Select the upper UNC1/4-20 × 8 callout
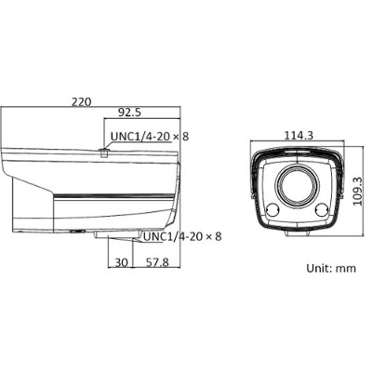(x=149, y=137)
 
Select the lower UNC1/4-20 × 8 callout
(x=182, y=236)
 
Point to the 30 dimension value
(x=122, y=263)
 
